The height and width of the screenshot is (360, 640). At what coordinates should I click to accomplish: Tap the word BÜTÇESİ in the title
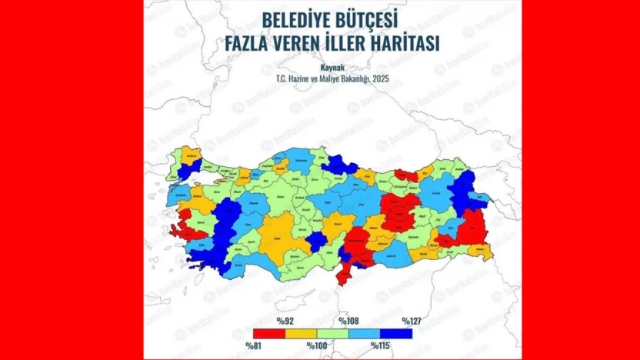coord(373,18)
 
